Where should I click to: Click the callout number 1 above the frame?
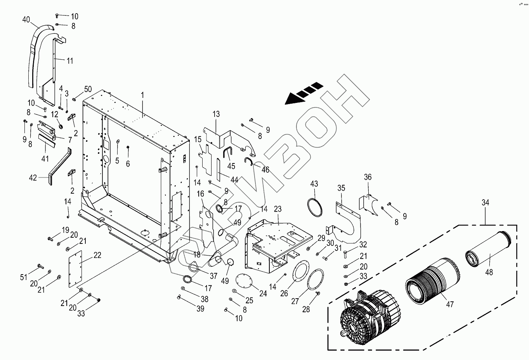click(142, 95)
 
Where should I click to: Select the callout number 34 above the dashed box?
click(485, 202)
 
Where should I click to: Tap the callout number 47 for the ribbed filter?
click(449, 304)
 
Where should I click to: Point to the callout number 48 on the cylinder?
click(489, 272)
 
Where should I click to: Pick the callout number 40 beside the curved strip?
click(26, 19)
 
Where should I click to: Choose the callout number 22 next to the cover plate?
click(97, 255)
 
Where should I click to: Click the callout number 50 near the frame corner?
click(88, 90)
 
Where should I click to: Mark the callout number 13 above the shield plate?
click(216, 114)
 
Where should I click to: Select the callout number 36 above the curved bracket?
click(368, 177)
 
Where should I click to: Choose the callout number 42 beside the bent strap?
click(33, 177)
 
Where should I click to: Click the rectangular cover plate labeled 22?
click(75, 268)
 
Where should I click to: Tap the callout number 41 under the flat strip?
click(45, 158)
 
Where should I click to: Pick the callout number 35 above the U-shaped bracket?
click(341, 188)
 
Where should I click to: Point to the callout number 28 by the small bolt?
click(307, 309)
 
